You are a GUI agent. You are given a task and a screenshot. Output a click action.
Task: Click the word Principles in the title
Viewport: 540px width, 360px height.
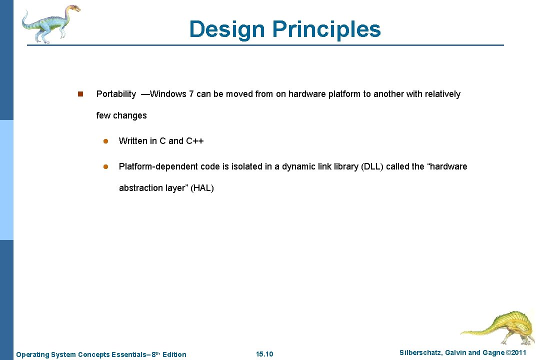tap(326, 29)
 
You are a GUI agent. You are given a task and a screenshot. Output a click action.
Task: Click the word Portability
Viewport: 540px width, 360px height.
tap(116, 94)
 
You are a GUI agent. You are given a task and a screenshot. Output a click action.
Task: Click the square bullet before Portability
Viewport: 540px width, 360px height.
tap(79, 94)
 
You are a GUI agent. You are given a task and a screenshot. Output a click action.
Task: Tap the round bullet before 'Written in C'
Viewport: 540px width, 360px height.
tap(105, 141)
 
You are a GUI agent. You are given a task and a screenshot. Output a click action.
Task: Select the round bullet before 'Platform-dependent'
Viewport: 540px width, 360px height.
tap(105, 167)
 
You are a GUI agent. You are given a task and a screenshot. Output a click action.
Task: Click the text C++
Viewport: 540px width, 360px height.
tap(195, 141)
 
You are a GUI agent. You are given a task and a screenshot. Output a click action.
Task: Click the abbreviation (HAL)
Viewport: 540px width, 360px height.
tap(202, 188)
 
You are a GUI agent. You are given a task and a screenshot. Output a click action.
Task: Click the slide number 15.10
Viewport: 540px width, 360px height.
tap(264, 354)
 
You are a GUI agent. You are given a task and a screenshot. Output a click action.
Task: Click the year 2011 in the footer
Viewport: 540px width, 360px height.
tap(517, 353)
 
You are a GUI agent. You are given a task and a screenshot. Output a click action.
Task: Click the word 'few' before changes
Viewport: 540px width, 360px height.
tap(103, 115)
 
